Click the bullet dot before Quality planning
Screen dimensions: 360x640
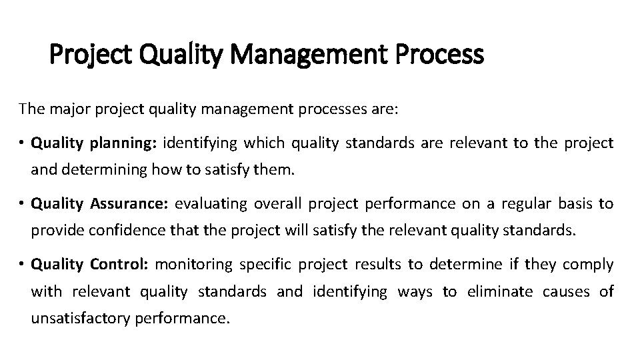(x=22, y=143)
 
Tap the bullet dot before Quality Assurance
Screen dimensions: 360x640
(x=22, y=204)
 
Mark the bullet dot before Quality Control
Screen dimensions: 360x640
(x=22, y=265)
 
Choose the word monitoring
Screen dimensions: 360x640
(x=193, y=265)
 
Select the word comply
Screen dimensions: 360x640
(x=588, y=265)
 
